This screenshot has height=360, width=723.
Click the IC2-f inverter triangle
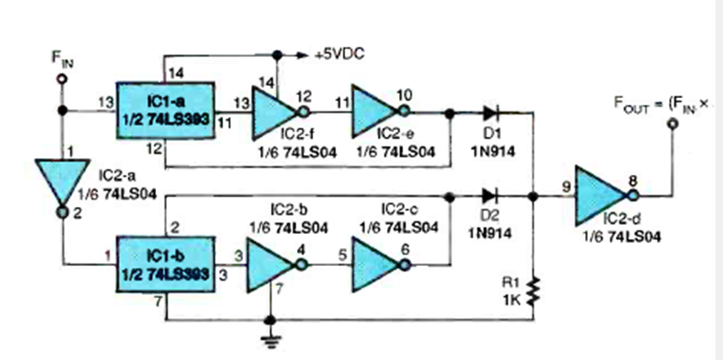coord(274,113)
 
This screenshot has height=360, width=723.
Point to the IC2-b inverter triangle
coord(270,263)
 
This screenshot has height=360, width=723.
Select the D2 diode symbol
coord(490,196)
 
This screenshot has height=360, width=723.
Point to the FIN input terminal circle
coord(60,79)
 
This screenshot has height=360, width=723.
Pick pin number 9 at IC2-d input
coord(566,186)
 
